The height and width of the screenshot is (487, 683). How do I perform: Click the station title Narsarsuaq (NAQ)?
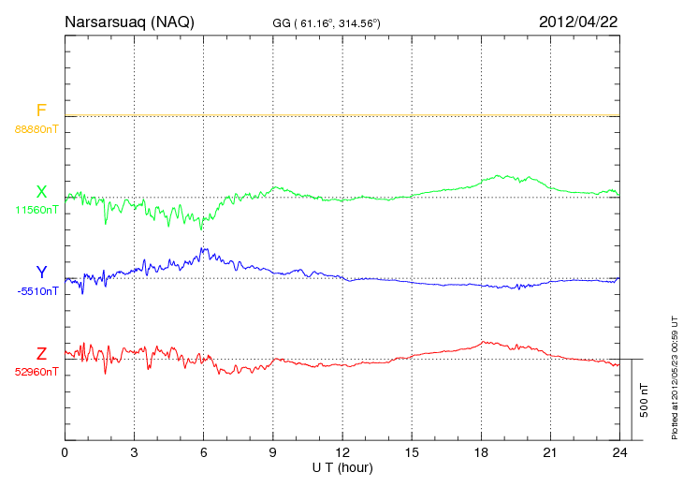(x=129, y=22)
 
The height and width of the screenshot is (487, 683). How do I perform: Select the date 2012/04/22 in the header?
(x=577, y=22)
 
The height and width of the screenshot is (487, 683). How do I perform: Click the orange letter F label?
(x=41, y=111)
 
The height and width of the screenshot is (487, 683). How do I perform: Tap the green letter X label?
(x=41, y=193)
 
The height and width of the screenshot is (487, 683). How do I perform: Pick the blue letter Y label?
(x=41, y=273)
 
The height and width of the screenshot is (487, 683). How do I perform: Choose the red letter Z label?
(x=41, y=354)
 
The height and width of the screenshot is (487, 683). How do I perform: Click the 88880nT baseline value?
(x=36, y=129)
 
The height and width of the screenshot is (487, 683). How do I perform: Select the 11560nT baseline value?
(x=36, y=210)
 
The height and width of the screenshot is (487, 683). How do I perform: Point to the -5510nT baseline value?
(x=36, y=291)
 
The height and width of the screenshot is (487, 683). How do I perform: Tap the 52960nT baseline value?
(x=36, y=372)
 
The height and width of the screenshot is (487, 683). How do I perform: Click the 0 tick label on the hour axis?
(x=65, y=452)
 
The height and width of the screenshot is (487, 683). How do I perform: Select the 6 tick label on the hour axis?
(x=203, y=452)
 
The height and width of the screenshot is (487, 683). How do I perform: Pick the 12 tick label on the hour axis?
(x=342, y=452)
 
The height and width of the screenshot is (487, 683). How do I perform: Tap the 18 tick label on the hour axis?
(x=481, y=452)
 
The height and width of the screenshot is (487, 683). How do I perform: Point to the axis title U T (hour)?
(x=342, y=466)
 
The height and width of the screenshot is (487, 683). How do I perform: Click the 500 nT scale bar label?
(x=644, y=399)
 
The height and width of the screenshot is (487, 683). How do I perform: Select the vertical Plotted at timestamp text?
(x=675, y=375)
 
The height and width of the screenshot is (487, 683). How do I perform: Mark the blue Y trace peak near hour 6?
(x=204, y=250)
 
